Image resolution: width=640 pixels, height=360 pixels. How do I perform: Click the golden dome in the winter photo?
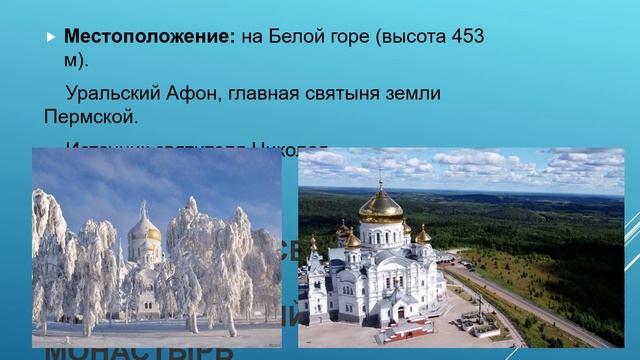click(146, 230)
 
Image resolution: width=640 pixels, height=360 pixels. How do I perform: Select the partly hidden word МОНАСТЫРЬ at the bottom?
click(140, 353)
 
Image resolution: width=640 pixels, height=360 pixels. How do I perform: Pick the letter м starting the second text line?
click(71, 60)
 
